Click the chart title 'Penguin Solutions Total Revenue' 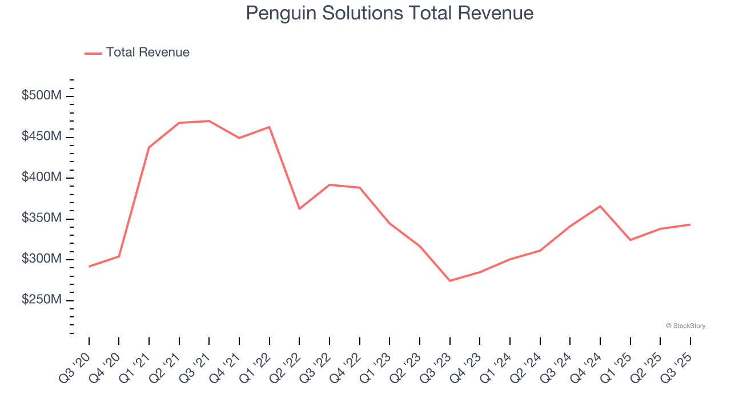[x=389, y=13]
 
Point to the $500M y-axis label [x=41, y=96]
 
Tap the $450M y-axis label [x=41, y=137]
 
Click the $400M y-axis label [x=41, y=178]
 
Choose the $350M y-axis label [x=41, y=219]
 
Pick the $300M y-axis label [x=41, y=259]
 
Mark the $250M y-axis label [x=41, y=300]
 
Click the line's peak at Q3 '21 [x=209, y=121]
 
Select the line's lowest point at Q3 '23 [x=449, y=281]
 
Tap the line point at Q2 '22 [x=299, y=209]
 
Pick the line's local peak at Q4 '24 [x=600, y=206]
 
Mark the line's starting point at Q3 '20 [x=89, y=267]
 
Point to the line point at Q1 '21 [x=149, y=147]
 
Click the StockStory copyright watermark [x=685, y=326]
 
